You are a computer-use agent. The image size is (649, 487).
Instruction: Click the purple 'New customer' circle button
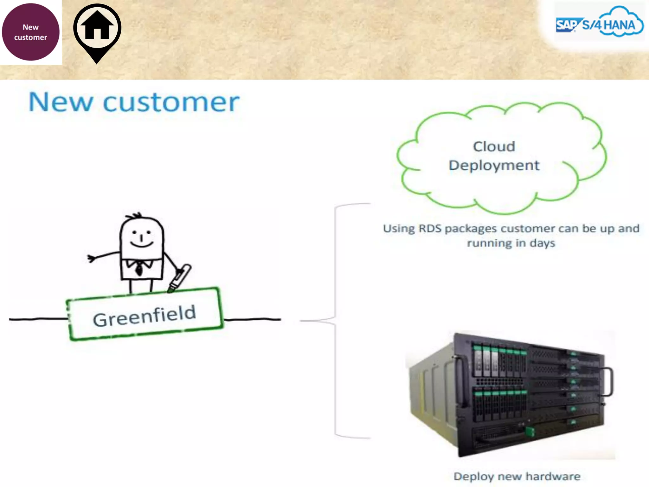click(x=30, y=32)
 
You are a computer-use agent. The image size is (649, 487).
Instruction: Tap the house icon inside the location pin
click(x=97, y=26)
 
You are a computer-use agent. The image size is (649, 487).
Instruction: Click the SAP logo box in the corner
click(x=566, y=25)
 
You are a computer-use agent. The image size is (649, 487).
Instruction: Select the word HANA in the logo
click(x=620, y=25)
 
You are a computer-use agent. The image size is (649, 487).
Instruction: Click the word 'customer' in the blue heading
click(x=171, y=102)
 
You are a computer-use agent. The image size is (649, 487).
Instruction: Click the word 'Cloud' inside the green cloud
click(x=494, y=146)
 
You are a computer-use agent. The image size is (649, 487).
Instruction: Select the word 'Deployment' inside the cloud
click(x=494, y=166)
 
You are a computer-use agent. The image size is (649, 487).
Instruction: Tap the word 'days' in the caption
click(x=543, y=243)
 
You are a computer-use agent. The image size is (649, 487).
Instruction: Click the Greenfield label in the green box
click(x=145, y=315)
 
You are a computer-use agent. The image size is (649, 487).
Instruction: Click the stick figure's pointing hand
click(x=92, y=258)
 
